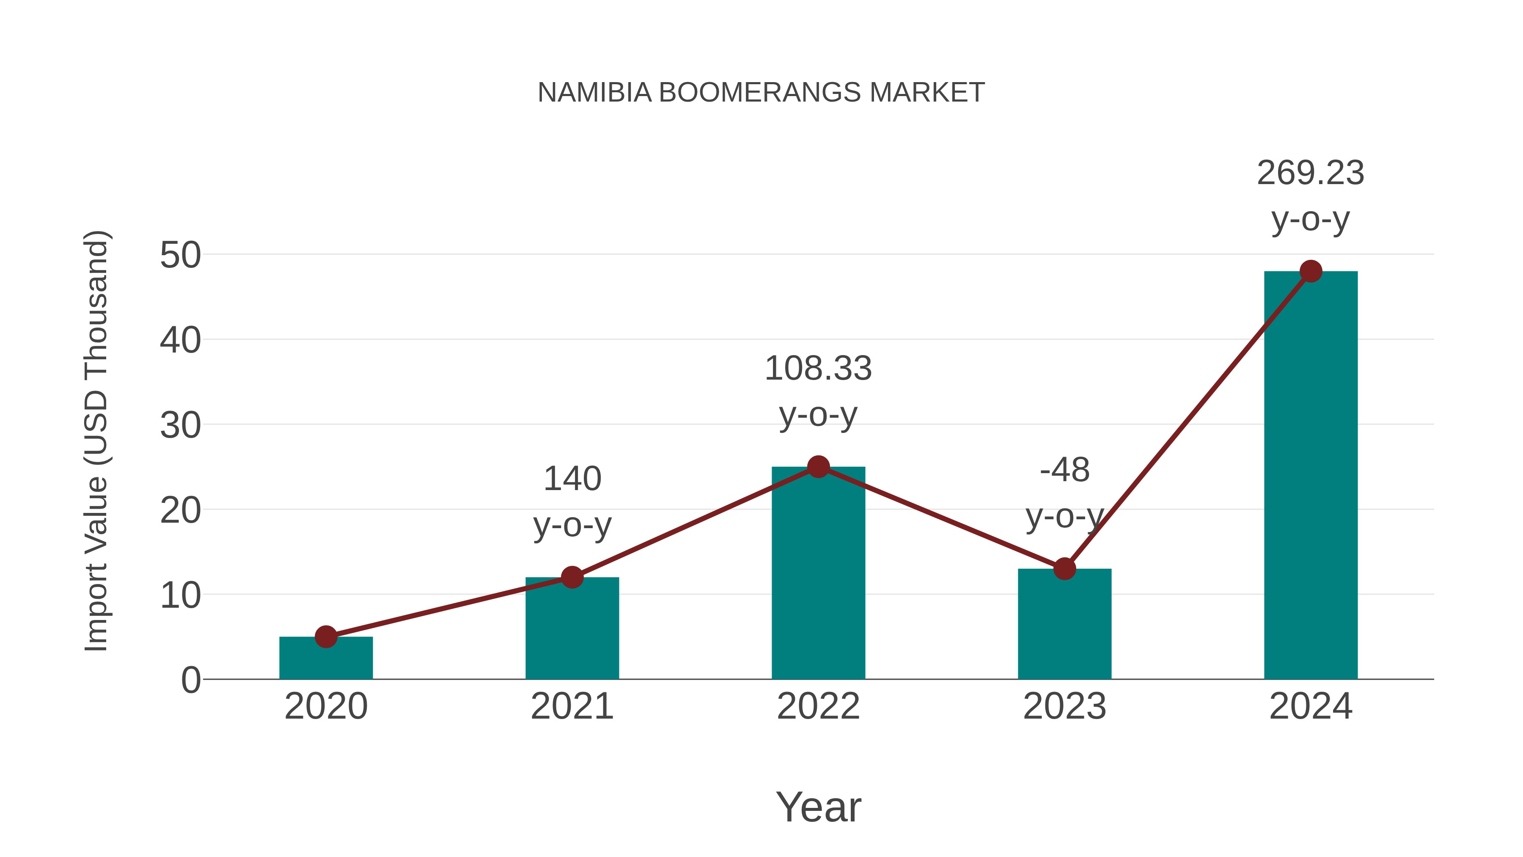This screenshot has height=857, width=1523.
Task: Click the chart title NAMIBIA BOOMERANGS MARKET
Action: click(761, 93)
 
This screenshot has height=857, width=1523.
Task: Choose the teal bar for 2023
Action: click(1064, 627)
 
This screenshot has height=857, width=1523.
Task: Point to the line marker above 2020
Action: click(326, 637)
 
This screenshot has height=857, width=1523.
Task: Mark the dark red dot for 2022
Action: click(818, 467)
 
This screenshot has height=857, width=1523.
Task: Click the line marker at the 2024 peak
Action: click(1311, 271)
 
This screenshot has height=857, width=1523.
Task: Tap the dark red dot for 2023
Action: click(1064, 569)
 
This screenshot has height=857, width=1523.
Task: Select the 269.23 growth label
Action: click(1310, 173)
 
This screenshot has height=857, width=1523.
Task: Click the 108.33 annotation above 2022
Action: click(818, 369)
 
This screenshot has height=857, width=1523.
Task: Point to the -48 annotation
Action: click(1064, 471)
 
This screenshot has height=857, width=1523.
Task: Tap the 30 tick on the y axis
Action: click(180, 425)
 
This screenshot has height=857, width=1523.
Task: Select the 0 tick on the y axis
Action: click(190, 680)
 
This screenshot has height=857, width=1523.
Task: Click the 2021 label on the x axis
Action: click(572, 706)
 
